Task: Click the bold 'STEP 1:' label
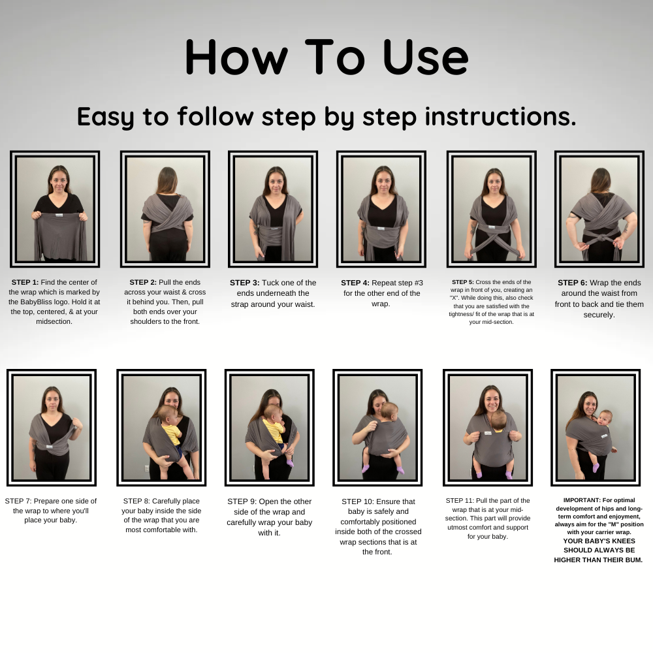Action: [x=25, y=282]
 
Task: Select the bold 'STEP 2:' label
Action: [x=143, y=282]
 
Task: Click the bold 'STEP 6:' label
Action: [x=573, y=283]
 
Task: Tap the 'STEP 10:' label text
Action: [x=358, y=502]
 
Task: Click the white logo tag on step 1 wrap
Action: [x=59, y=215]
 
